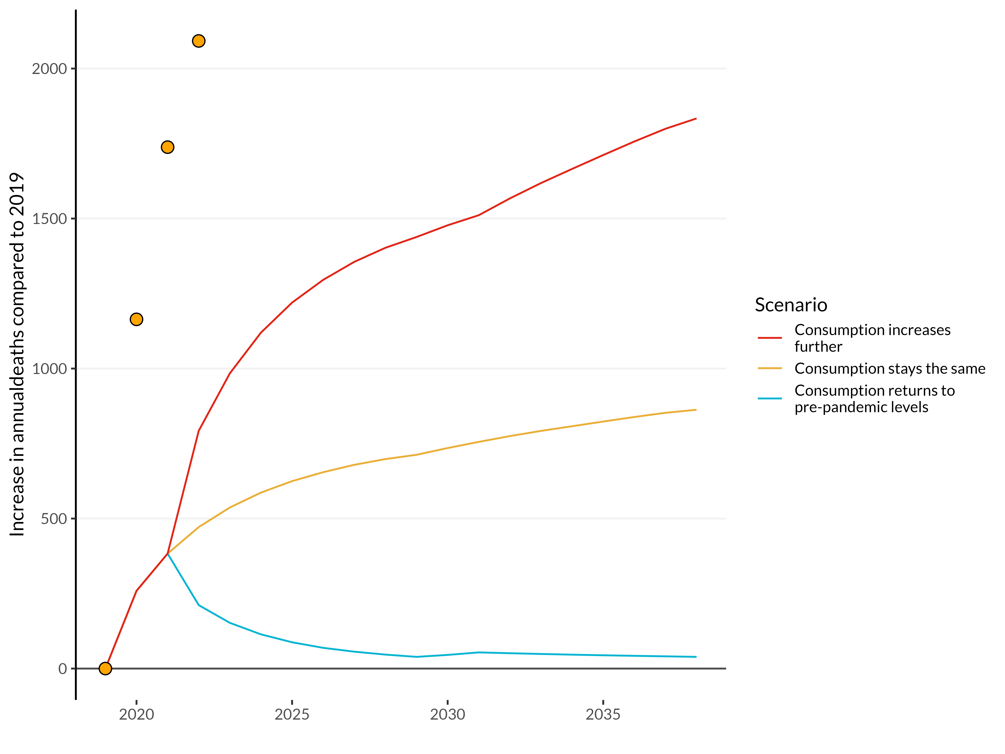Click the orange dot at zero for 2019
[x=105, y=668]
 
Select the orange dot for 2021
[x=168, y=147]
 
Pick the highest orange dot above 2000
[x=198, y=41]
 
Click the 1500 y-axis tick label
[x=49, y=219]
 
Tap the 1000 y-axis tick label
[x=49, y=369]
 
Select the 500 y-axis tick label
[x=54, y=519]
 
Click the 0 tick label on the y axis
[x=62, y=669]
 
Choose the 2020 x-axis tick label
[x=136, y=714]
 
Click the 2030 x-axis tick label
[x=448, y=714]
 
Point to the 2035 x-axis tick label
[x=603, y=714]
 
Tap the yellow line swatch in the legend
[x=770, y=368]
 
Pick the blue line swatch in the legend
[x=770, y=399]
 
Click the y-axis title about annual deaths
[x=17, y=355]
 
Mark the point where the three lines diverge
[x=168, y=553]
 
